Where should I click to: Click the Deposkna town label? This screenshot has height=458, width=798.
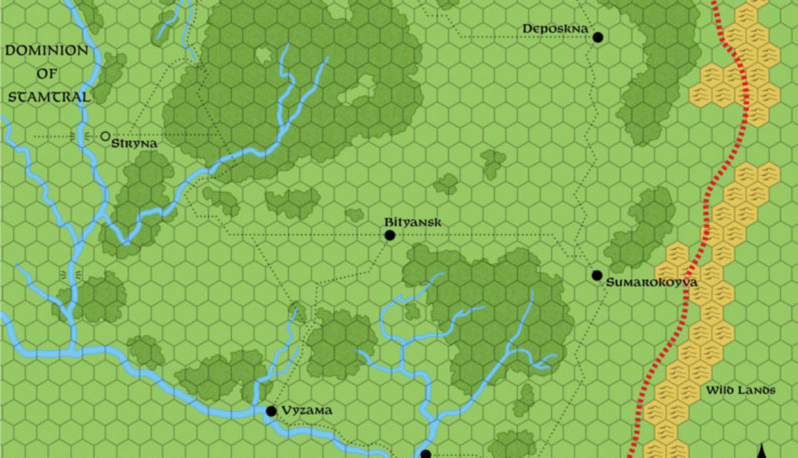coord(555,28)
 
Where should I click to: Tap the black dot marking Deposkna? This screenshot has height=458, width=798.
coord(598,37)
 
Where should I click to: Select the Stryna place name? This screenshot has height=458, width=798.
coord(139,143)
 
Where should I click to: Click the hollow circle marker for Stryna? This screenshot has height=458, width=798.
coord(105,136)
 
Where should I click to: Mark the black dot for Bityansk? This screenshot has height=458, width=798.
coord(390,236)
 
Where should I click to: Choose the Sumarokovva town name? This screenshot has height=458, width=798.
coord(651,282)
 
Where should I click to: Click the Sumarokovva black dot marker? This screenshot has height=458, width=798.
coord(597,275)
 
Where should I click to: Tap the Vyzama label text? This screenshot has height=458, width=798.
coord(306,410)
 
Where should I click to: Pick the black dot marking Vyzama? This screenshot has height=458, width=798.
coord(271,411)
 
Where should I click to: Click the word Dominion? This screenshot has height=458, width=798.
coord(47,50)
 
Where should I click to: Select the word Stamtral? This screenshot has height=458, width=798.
coord(50,97)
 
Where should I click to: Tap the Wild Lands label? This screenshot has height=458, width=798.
coord(740,391)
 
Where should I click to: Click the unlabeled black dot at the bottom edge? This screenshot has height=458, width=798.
coord(425,454)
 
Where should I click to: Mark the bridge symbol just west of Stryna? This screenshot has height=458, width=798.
coord(76,136)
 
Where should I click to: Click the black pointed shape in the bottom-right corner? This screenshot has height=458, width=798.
coord(762,449)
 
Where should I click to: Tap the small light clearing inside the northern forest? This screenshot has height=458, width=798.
coord(263,54)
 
